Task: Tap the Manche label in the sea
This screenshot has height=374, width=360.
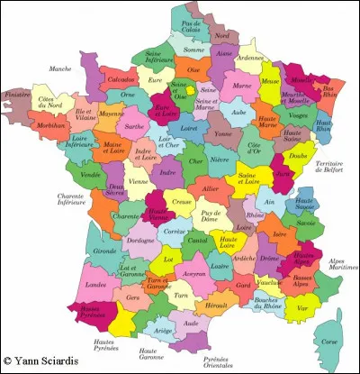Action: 60,68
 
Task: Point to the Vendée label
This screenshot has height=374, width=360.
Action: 91,174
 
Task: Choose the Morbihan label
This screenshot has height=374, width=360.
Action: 56,125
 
